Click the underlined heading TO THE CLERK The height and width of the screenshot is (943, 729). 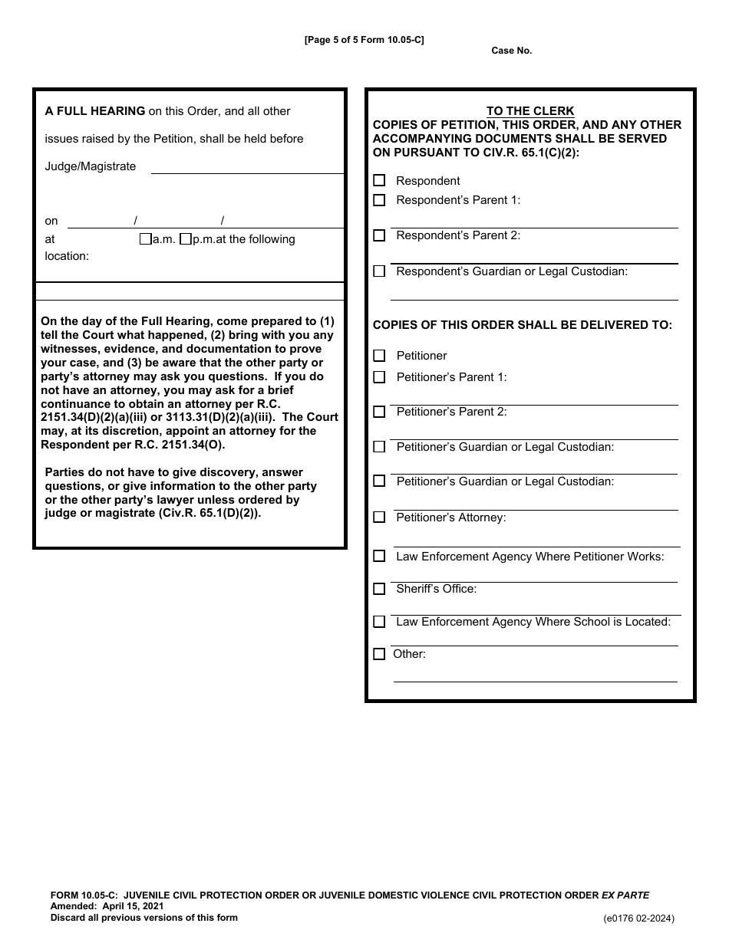[x=530, y=111]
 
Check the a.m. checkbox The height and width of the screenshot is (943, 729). [x=145, y=239]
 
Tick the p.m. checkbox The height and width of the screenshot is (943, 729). [x=185, y=239]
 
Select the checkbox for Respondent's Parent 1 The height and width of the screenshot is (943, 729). [x=379, y=201]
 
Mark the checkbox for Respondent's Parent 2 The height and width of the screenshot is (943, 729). [x=379, y=236]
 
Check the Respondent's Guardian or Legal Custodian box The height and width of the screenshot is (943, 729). [x=379, y=271]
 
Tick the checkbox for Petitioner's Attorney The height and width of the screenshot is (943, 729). [x=379, y=517]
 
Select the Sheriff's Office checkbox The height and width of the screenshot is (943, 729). [x=379, y=590]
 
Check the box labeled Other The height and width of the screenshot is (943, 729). [x=379, y=655]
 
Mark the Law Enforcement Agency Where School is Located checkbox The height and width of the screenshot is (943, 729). [x=379, y=623]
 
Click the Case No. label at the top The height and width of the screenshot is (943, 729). [x=511, y=51]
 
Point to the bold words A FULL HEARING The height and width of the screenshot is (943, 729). [x=95, y=111]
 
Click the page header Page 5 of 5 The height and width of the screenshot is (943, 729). [x=364, y=40]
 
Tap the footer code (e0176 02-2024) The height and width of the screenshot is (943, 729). [x=638, y=918]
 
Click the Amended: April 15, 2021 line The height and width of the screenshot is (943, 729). [x=107, y=906]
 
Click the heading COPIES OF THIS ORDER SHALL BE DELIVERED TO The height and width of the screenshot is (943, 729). [x=522, y=325]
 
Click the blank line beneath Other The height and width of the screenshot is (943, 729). [x=535, y=676]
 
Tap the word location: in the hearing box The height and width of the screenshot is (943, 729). [x=67, y=256]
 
